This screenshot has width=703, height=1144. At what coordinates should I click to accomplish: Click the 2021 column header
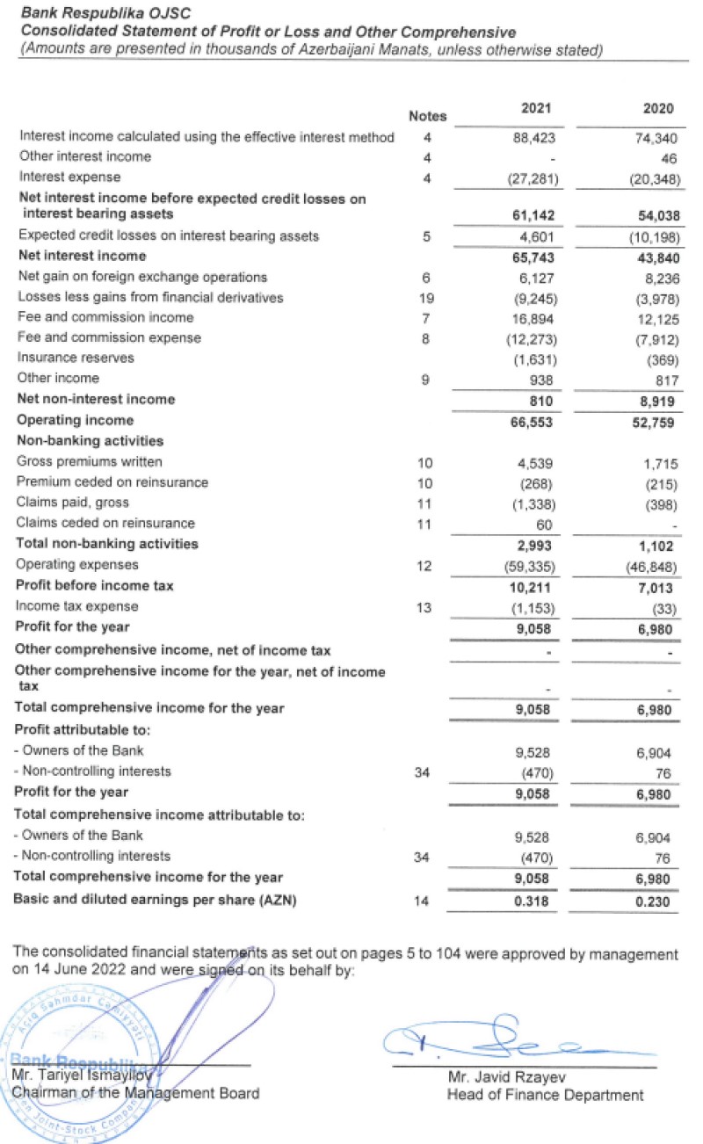point(534,109)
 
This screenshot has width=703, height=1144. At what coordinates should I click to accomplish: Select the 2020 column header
point(658,109)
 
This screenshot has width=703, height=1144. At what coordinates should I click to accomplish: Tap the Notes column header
point(428,116)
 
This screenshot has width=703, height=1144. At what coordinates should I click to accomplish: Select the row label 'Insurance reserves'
point(76,358)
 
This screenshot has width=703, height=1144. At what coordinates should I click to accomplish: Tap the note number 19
point(427,297)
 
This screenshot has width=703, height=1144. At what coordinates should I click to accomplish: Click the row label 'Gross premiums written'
point(90,461)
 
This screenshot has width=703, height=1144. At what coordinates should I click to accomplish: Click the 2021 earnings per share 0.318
point(545,900)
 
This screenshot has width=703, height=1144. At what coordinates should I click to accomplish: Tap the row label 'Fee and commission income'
point(105,317)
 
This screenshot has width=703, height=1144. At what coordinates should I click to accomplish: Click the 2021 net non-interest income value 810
point(552,400)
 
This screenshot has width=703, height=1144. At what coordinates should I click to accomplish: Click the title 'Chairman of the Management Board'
point(136,1093)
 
